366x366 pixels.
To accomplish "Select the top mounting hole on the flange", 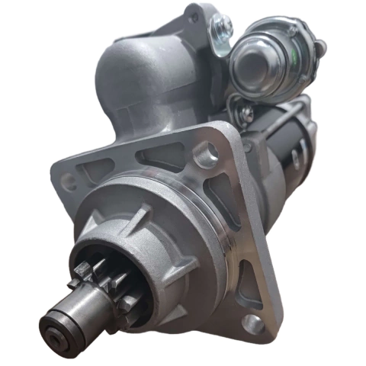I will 204,156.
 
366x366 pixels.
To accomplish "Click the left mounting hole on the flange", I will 69,181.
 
